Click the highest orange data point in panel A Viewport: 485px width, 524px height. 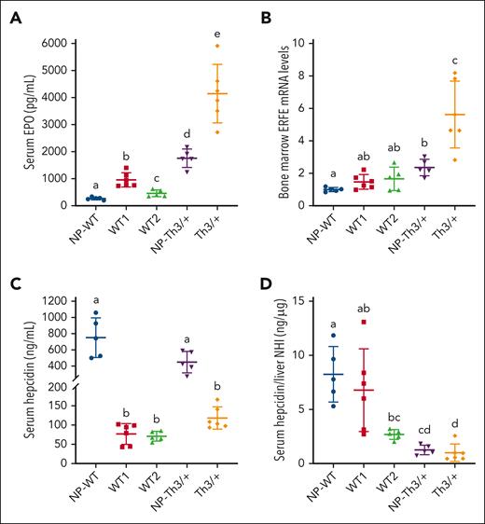pyautogui.click(x=217, y=46)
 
